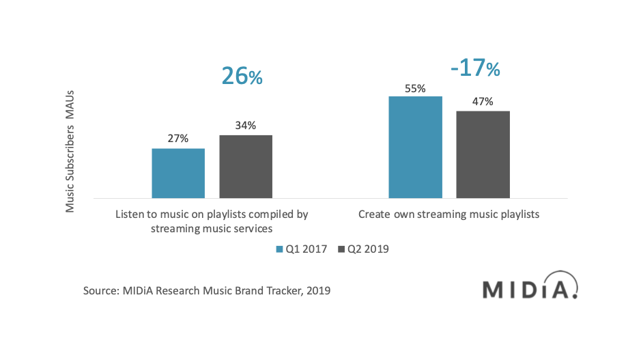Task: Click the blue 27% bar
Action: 178,174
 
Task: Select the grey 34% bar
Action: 246,167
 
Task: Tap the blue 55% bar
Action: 415,148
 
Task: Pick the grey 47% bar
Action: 483,154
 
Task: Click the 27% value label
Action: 178,139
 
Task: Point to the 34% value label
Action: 245,126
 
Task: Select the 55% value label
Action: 415,89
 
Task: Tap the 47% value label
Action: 483,102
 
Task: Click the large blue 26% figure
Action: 242,76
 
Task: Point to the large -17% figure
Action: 475,68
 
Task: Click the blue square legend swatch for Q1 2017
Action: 280,249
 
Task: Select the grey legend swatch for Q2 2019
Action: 341,249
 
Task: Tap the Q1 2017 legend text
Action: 307,249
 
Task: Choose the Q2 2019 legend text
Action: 368,249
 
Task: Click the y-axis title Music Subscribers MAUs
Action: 70,152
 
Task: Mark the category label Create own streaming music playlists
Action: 449,214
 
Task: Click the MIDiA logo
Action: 530,285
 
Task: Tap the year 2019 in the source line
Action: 319,291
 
